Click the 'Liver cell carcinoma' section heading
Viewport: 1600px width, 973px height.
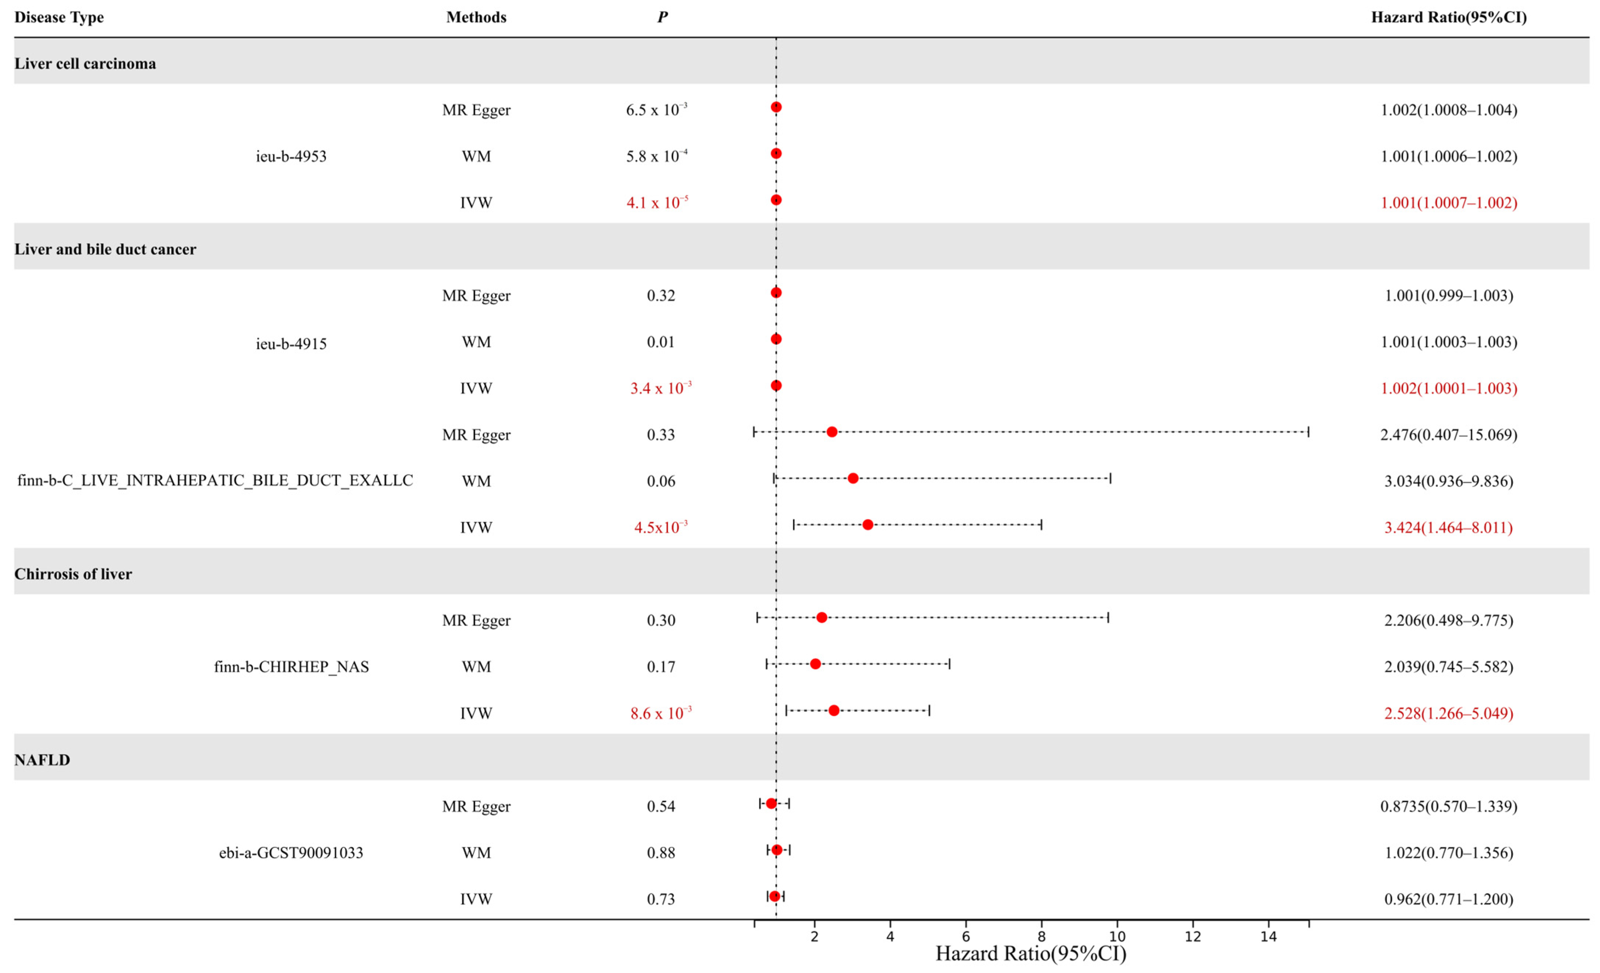click(x=85, y=64)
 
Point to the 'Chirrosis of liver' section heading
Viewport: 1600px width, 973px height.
click(x=73, y=574)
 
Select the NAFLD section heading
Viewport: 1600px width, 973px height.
click(x=42, y=760)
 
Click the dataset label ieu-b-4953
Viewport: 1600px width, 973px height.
click(x=291, y=156)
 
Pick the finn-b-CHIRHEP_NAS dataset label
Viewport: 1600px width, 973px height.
click(x=291, y=667)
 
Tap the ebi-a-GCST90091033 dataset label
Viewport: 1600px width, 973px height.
click(x=291, y=853)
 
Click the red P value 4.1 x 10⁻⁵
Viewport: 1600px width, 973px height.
click(x=657, y=203)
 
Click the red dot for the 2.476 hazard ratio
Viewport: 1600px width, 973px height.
click(x=832, y=432)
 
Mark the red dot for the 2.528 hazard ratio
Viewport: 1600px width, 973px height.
click(x=834, y=711)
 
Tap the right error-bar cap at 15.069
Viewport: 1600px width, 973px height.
click(x=1308, y=432)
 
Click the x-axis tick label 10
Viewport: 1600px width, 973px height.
click(x=1117, y=937)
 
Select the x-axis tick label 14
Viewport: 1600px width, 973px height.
click(x=1268, y=937)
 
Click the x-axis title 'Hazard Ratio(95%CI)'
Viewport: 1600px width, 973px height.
click(x=1031, y=953)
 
